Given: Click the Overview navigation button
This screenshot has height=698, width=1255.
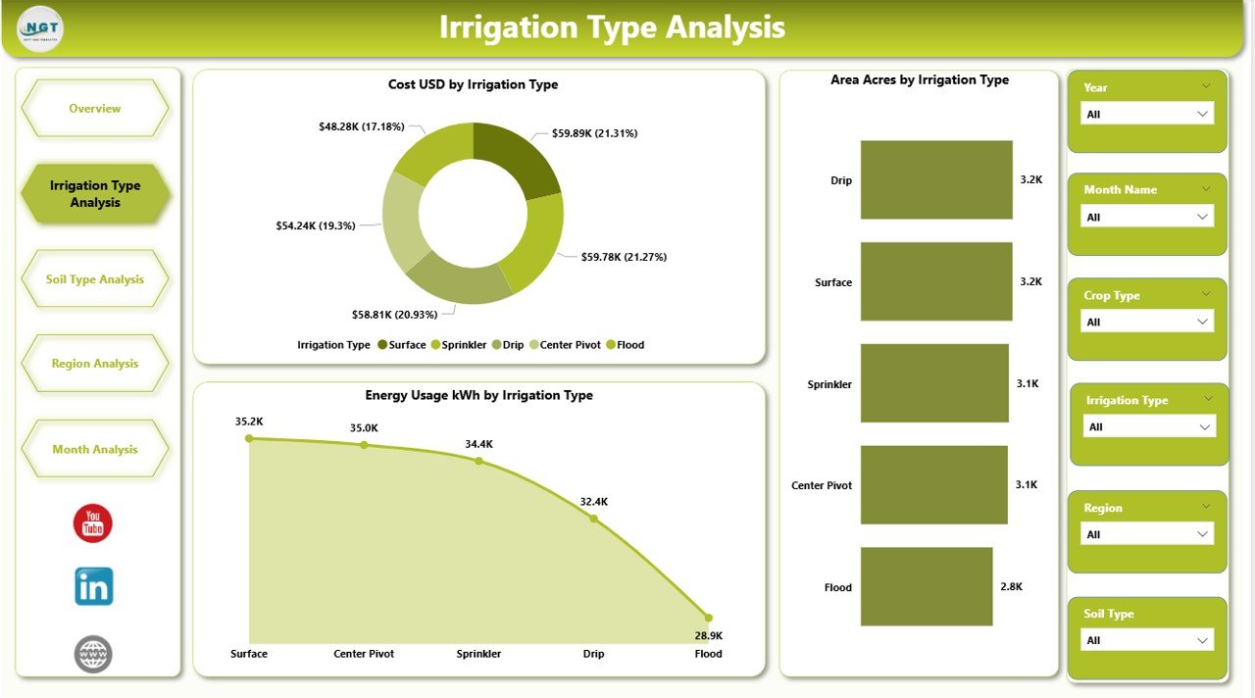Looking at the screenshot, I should coord(95,109).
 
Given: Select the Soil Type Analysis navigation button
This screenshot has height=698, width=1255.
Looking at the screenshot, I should coord(95,279).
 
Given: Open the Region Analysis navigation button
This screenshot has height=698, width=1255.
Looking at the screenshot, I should coord(95,364).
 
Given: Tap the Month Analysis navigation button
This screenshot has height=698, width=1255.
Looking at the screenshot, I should coord(95,449).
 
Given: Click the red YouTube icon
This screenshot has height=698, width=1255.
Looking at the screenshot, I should coord(93,523).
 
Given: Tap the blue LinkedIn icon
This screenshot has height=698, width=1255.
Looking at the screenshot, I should coord(94,586).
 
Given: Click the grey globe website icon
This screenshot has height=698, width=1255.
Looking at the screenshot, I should coord(93,654).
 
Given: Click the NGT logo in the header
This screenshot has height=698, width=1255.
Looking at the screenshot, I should coord(40,29).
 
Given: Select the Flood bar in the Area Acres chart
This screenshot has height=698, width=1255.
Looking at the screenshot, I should coord(927,586).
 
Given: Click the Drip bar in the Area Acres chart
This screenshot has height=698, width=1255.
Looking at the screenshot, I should coord(936,179).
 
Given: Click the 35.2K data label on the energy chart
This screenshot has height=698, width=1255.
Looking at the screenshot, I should coord(249,422).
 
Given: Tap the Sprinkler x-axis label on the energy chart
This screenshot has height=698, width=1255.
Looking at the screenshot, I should coord(478,654).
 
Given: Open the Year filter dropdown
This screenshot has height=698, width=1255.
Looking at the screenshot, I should coord(1146,114).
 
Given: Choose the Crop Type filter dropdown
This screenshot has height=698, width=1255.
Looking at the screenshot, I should coord(1146,322).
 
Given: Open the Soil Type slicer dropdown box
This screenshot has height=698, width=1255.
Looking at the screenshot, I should coord(1146,640).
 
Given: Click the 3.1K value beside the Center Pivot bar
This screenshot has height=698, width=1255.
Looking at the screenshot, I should coord(1028,484).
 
